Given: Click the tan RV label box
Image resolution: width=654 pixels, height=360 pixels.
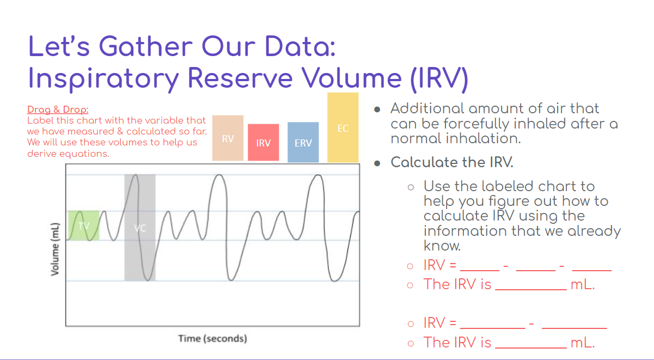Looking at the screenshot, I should tap(228, 138).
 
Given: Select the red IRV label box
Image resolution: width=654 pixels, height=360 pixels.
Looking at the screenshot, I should tap(264, 143).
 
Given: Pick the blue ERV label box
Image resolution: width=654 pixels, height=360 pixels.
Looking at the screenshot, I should tap(303, 143).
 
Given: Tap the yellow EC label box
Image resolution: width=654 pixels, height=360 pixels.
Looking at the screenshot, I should tap(343, 128).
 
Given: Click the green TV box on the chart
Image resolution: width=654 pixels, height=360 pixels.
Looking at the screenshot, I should tap(83, 225).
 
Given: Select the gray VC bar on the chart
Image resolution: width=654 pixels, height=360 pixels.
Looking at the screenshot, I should tap(140, 228).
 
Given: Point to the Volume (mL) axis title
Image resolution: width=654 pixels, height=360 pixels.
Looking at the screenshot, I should tap(55, 252).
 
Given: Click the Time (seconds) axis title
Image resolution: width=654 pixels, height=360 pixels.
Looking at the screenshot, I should tap(212, 339).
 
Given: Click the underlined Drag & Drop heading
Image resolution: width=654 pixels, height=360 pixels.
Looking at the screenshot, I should tap(58, 110).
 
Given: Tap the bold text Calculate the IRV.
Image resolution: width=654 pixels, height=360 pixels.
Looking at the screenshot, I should tap(451, 162).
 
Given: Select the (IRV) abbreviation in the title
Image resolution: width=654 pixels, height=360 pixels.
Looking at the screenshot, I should tap(438, 78).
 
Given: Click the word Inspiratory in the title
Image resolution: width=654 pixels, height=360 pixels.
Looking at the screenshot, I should tap(103, 78).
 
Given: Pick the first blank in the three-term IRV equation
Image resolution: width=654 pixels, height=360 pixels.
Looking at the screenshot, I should tap(479, 267).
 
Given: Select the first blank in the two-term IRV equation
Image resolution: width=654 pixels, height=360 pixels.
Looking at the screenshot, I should tap(492, 324).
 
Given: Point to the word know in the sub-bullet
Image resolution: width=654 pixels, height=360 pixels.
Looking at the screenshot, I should tap(442, 246).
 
